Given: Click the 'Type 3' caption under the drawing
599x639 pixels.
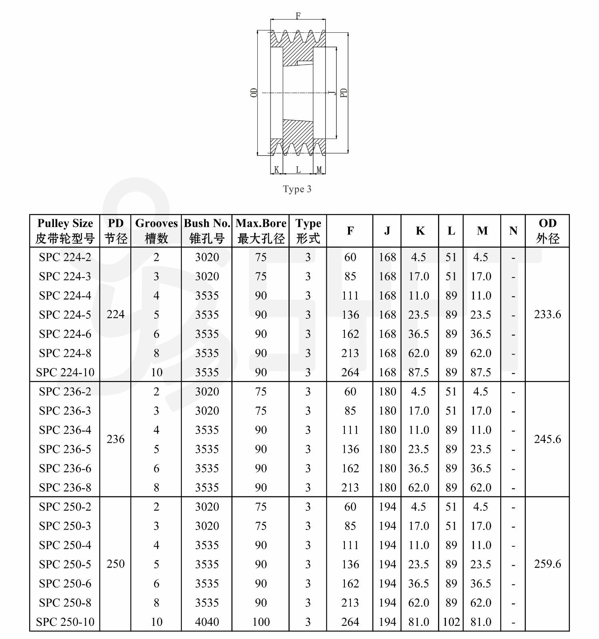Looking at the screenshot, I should (297, 189).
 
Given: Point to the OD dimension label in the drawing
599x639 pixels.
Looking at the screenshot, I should (254, 93).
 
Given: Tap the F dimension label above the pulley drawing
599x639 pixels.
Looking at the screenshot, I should (298, 16).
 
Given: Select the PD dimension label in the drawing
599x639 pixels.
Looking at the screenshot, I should (344, 93).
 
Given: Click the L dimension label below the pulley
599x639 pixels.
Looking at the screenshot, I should (298, 170).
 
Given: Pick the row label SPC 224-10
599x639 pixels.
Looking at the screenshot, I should (65, 372).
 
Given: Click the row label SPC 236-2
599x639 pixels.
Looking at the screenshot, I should (65, 391).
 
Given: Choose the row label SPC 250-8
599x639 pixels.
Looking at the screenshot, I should (65, 603).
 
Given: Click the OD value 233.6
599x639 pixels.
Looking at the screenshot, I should (547, 314).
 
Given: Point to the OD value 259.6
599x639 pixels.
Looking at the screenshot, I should (547, 564).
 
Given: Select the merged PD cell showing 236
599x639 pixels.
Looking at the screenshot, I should (115, 439).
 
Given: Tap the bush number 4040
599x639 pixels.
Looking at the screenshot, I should (207, 622).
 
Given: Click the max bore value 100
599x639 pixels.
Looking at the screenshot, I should (261, 622).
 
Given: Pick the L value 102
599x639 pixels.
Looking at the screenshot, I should (451, 622).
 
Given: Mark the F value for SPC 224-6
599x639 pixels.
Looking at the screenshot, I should (350, 334).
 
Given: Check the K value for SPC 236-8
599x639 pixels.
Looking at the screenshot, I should (419, 488).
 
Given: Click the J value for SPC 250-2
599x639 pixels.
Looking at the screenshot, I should (387, 507).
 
